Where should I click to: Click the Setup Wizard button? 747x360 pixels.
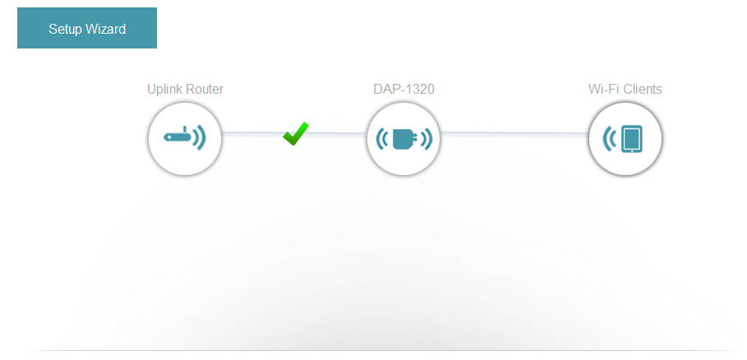click(87, 29)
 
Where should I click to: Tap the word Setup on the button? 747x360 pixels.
click(66, 30)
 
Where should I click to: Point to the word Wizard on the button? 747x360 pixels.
click(105, 30)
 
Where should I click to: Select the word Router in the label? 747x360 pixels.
click(205, 90)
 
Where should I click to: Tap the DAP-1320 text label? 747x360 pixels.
click(403, 90)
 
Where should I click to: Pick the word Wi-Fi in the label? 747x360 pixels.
click(602, 90)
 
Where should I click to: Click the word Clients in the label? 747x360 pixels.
click(641, 90)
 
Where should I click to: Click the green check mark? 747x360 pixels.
click(296, 133)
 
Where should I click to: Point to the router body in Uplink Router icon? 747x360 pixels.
click(177, 137)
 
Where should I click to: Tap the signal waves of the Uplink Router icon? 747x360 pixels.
click(200, 137)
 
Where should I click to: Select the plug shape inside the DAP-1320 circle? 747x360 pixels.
click(403, 139)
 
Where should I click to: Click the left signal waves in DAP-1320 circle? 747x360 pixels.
click(382, 139)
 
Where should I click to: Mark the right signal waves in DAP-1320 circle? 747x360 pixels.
click(426, 139)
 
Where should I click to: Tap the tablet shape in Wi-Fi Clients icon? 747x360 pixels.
click(631, 139)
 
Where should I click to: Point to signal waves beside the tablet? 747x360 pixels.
click(609, 139)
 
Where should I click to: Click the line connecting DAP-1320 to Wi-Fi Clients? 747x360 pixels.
click(514, 133)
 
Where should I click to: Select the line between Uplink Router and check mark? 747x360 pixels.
click(251, 133)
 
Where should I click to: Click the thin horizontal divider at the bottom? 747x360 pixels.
click(386, 351)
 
